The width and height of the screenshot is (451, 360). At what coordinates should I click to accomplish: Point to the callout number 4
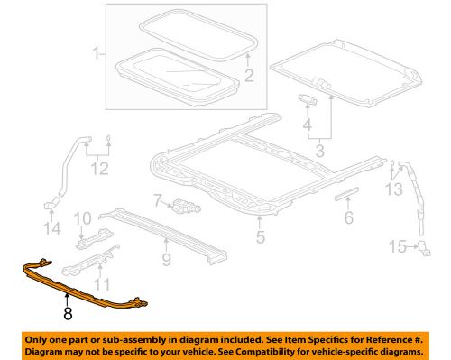coord(308,124)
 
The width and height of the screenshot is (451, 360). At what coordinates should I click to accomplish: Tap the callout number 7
coord(156,200)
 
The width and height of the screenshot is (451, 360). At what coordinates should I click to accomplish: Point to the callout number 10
coord(80,218)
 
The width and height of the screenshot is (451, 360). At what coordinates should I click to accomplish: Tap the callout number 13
coord(394,189)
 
